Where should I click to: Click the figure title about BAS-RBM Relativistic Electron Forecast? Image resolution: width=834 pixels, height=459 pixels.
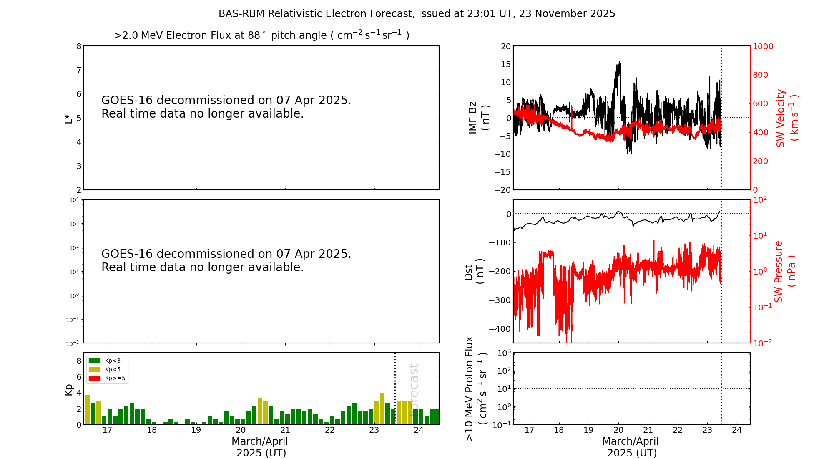coord(417,14)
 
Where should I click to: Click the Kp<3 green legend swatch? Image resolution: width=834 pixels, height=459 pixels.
coord(95,361)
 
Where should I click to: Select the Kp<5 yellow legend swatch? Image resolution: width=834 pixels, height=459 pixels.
coord(95,370)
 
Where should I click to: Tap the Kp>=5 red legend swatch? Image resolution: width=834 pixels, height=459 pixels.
coord(95,378)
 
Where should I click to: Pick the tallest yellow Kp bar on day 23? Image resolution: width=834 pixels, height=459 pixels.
coord(382,408)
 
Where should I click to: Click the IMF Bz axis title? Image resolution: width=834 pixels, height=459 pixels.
coord(478,118)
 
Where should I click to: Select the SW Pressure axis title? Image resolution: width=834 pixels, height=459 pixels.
coord(784,272)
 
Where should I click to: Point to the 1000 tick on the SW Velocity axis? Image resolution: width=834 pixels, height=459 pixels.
coord(763,46)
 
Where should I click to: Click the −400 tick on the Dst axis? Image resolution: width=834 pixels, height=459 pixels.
coord(502,329)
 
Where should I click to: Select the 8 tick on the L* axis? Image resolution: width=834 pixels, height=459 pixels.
coord(79,46)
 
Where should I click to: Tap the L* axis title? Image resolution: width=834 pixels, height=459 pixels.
coord(68,118)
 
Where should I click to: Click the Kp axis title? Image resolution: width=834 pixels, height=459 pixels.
coord(68,389)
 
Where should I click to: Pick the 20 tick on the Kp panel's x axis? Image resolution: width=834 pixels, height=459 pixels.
coord(241,430)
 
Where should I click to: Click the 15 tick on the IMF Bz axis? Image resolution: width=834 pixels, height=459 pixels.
coord(505,64)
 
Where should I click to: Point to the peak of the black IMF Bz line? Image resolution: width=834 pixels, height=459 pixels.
coord(620,62)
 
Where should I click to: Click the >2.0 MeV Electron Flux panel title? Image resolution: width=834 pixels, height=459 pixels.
coord(261,35)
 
